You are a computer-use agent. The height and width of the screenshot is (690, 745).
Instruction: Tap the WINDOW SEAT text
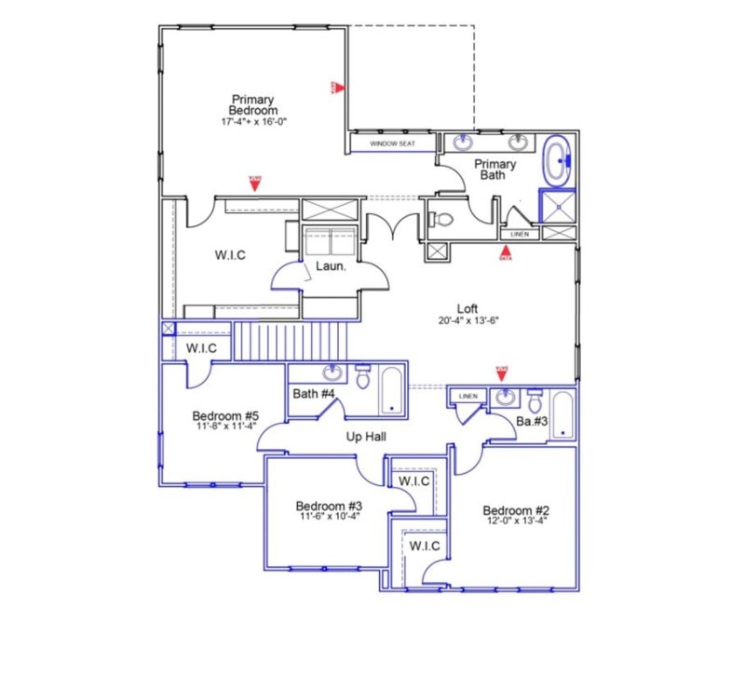point(392,144)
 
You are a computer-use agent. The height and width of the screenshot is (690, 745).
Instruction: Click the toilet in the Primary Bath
point(440,221)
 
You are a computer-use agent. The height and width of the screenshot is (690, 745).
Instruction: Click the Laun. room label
point(330,266)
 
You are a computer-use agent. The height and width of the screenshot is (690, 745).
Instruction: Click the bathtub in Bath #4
point(391,391)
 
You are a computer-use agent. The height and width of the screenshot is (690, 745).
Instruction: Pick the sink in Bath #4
point(332,374)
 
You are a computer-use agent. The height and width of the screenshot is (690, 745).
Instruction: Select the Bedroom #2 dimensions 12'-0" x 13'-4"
point(516,521)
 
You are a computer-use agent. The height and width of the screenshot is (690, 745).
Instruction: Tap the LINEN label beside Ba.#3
point(467,397)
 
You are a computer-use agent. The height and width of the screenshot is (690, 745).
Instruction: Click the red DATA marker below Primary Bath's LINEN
point(506,251)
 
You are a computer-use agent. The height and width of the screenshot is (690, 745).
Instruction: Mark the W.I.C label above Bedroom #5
point(201,349)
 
